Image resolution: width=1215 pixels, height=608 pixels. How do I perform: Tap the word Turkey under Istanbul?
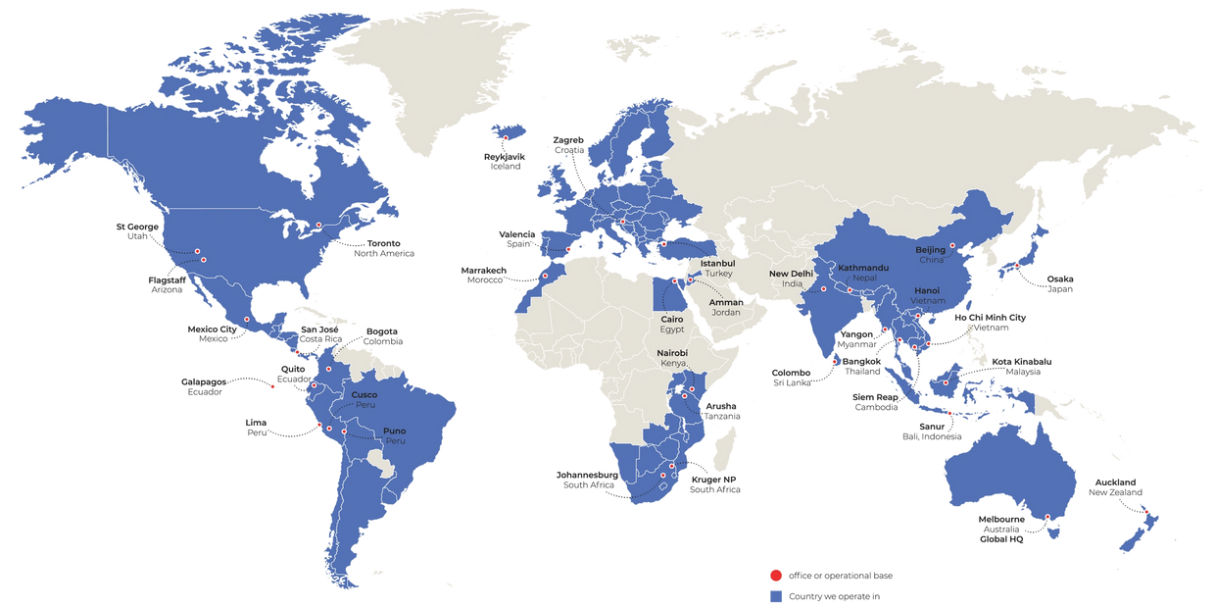[x=718, y=274]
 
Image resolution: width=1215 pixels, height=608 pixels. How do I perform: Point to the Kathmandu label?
[x=863, y=268]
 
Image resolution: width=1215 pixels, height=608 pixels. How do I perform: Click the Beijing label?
[x=931, y=250]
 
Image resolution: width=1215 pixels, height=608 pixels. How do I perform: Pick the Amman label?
[x=727, y=302]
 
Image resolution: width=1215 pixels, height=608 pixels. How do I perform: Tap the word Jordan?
[x=727, y=312]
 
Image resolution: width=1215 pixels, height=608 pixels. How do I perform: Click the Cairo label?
[x=671, y=319]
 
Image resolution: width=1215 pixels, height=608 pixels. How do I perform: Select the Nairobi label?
[x=672, y=352]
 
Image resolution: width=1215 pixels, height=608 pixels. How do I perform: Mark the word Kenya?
[x=672, y=363]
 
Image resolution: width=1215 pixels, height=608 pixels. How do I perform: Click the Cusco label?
[x=364, y=394]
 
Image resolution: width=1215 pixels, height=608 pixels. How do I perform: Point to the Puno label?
[x=394, y=431]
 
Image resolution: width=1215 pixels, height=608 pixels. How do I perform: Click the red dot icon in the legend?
[x=775, y=575]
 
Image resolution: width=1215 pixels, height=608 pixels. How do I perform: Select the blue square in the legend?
[x=775, y=595]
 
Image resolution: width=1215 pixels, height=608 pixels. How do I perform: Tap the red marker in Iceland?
[x=506, y=137]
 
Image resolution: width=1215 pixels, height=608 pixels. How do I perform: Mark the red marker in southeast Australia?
[x=1047, y=517]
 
